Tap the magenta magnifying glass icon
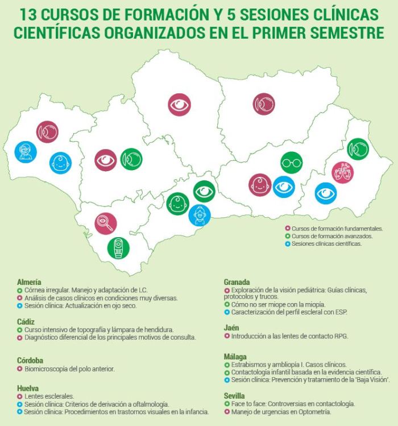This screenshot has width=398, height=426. (x=106, y=224)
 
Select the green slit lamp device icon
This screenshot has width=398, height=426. (x=118, y=247)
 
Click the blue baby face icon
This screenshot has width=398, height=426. (x=60, y=163)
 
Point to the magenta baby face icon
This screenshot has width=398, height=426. (x=260, y=185)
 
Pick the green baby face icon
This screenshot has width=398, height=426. (x=177, y=203)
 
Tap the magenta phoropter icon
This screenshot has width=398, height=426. (x=342, y=172)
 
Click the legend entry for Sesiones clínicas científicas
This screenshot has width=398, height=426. (x=326, y=243)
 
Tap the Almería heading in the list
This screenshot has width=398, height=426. (x=29, y=282)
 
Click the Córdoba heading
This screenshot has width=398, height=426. (x=30, y=360)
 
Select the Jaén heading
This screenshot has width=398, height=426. (x=231, y=328)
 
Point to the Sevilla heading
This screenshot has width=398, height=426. (x=234, y=395)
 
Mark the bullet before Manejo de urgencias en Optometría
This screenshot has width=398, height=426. (x=227, y=411)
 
